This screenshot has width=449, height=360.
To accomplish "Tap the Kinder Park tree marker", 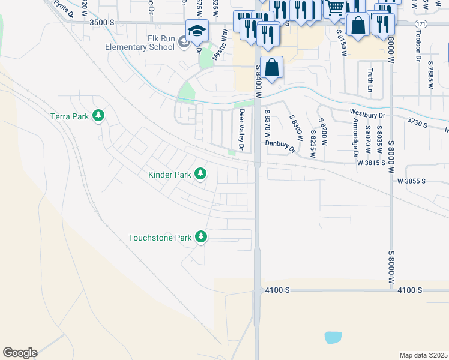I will click(200, 175).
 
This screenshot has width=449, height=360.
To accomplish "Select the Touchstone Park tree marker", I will click(202, 238).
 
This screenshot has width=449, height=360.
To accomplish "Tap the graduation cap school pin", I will click(196, 31).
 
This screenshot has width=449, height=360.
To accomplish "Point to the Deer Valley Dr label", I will click(242, 130).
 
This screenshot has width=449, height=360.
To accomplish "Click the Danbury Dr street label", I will click(281, 146).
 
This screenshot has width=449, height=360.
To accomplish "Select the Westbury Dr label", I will click(366, 112).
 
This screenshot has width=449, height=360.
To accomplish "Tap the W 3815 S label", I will click(371, 163).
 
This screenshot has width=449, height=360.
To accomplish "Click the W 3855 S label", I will click(411, 181).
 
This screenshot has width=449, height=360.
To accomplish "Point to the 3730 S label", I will click(417, 123).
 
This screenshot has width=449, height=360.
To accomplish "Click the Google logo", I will click(20, 353).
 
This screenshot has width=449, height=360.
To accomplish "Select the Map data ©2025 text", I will click(423, 355).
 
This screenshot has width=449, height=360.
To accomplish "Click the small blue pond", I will click(333, 337).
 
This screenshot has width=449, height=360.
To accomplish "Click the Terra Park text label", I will click(70, 116).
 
